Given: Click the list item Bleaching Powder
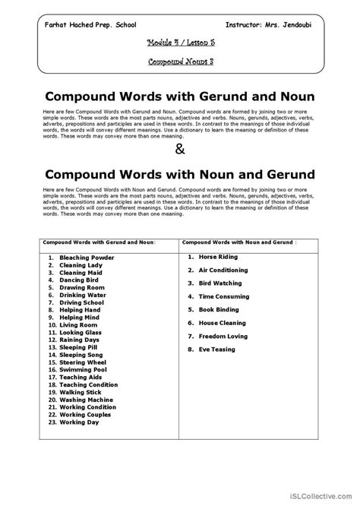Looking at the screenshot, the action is [x=87, y=258].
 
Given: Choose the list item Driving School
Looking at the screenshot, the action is [x=83, y=302].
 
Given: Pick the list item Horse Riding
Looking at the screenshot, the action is [x=218, y=257].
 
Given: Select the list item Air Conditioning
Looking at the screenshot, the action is [x=223, y=270].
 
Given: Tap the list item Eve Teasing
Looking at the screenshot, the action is [x=216, y=349].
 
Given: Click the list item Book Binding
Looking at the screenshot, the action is [x=219, y=309].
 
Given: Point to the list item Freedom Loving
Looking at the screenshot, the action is [x=223, y=336].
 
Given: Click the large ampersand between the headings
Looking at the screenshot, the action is [x=179, y=149].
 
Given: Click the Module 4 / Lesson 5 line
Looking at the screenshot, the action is [x=179, y=44].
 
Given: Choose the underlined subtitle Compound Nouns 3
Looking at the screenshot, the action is [x=180, y=62].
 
